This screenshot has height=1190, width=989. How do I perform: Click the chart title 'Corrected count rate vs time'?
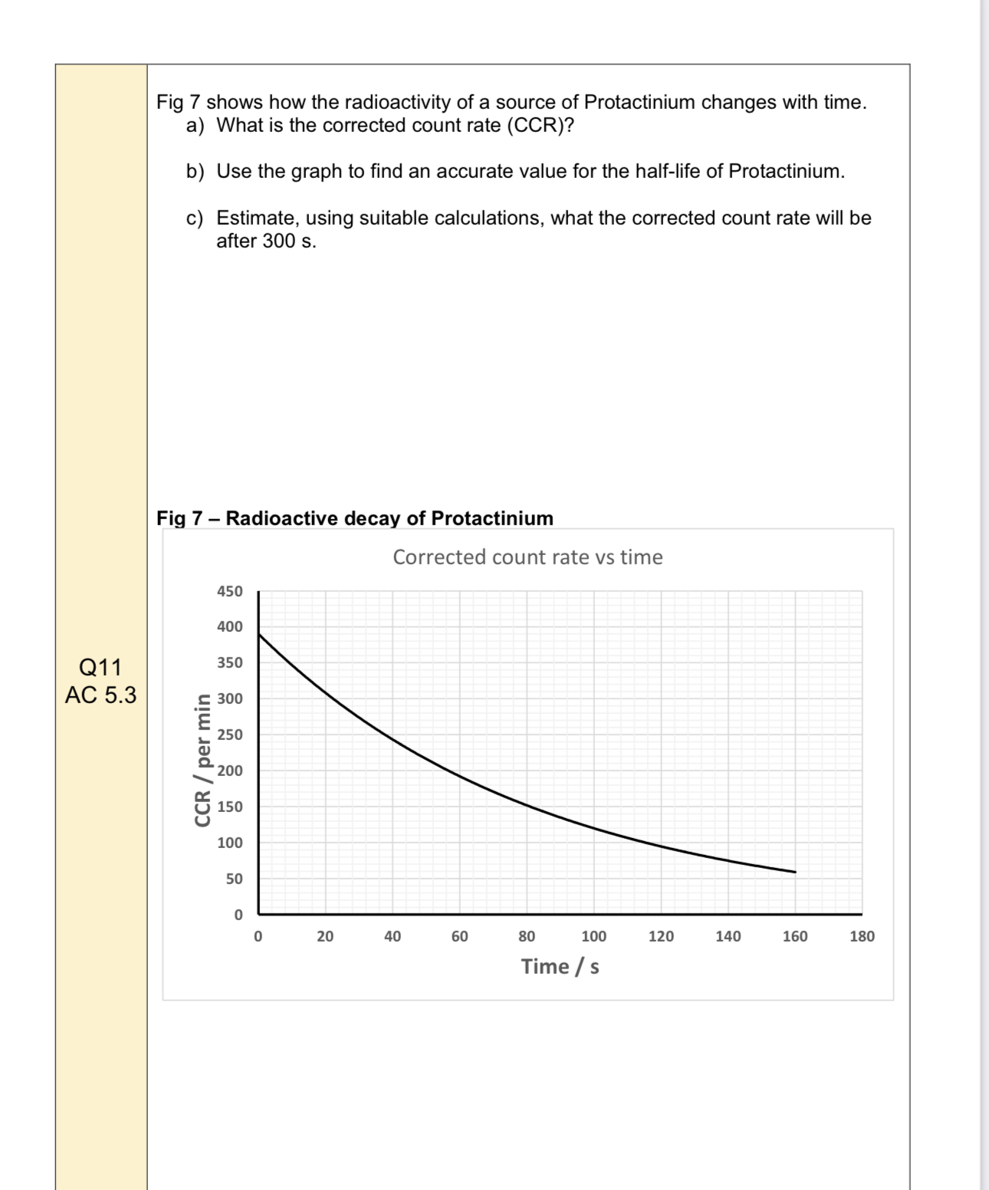click(x=527, y=557)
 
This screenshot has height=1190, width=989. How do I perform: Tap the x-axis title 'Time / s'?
click(x=560, y=966)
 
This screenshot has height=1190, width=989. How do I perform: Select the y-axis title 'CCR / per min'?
click(x=203, y=759)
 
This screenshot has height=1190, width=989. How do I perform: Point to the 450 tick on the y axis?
click(x=230, y=591)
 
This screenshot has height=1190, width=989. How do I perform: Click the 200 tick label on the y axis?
click(x=230, y=771)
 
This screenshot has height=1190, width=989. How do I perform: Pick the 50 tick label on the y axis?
click(x=234, y=879)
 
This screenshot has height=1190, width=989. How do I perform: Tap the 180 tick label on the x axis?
click(x=862, y=936)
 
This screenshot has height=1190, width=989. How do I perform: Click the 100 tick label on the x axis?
click(x=593, y=936)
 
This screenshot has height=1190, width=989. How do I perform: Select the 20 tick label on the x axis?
click(x=325, y=936)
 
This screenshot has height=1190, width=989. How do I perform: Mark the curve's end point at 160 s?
click(x=795, y=872)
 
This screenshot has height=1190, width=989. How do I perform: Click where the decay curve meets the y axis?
click(x=259, y=634)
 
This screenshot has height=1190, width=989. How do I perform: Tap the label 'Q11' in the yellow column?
click(x=100, y=666)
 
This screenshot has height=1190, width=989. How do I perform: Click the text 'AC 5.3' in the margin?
click(x=100, y=695)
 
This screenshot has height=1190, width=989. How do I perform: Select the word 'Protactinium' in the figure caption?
click(x=492, y=518)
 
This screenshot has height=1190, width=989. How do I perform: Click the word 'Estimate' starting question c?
click(x=255, y=218)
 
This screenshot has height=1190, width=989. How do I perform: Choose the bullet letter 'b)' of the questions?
click(x=195, y=171)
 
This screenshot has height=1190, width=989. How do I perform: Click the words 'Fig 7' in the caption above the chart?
click(x=179, y=518)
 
